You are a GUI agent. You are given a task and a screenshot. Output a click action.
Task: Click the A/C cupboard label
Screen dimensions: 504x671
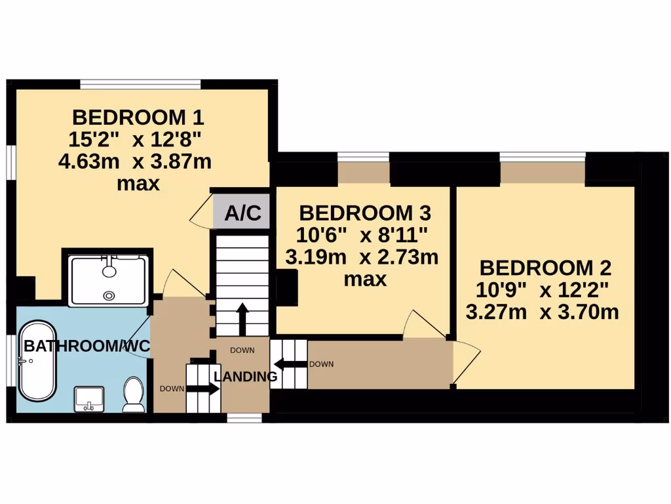click(x=242, y=213)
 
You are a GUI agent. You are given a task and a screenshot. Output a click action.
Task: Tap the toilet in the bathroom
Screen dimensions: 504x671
click(x=134, y=394)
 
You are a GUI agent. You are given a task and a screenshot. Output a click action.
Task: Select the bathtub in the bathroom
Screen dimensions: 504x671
click(x=37, y=360)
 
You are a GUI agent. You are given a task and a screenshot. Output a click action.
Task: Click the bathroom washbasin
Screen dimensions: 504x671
click(x=89, y=399)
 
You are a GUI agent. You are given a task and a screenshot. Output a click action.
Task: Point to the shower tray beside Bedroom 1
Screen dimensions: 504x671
click(x=109, y=280)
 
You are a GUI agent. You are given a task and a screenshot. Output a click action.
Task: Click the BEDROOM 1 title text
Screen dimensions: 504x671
click(x=138, y=117)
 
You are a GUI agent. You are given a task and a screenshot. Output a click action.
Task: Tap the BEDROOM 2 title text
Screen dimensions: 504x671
click(x=545, y=268)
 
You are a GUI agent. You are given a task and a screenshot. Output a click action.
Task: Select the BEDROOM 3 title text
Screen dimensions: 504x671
click(x=364, y=213)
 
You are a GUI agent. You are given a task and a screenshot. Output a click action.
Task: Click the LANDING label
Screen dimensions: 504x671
click(x=246, y=377)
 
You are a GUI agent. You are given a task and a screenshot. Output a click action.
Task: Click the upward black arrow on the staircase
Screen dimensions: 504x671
click(x=242, y=319)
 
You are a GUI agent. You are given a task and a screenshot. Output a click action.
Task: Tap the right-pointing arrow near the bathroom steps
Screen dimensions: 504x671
click(x=204, y=388)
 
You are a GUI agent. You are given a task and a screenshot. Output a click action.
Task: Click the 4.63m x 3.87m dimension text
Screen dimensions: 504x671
click(x=135, y=161)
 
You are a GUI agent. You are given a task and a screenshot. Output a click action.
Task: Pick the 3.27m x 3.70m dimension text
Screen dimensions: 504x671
click(x=542, y=312)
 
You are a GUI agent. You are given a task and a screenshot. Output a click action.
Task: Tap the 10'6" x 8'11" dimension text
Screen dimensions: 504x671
click(x=363, y=234)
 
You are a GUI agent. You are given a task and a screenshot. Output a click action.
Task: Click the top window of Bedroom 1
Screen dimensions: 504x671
click(x=140, y=84)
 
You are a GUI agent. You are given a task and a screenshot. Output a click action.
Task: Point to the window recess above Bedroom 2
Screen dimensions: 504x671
click(x=542, y=173)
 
